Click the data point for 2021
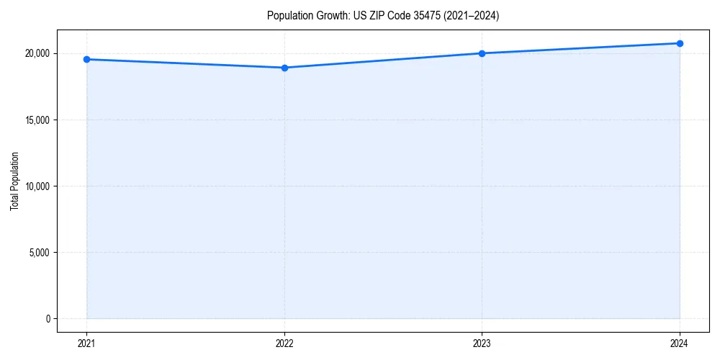tap(86, 59)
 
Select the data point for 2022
tap(284, 68)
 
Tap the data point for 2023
tap(482, 53)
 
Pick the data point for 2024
tap(680, 43)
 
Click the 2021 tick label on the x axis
tap(86, 343)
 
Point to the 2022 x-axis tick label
tap(284, 343)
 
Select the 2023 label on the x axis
tap(482, 343)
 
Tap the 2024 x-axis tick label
tap(680, 343)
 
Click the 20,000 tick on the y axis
tap(36, 53)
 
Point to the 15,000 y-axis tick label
tap(36, 120)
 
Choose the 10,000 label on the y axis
tap(36, 186)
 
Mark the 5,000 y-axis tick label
tap(38, 252)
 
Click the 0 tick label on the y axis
tap(47, 318)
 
